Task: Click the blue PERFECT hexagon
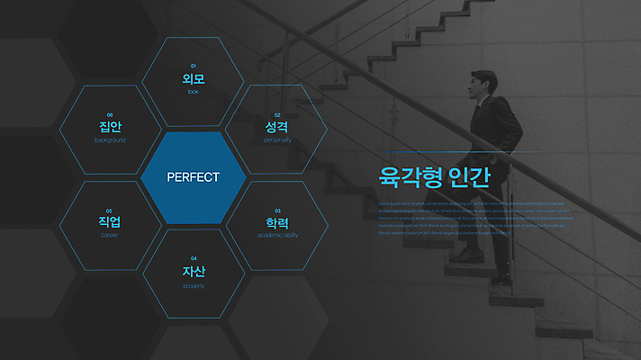[x=193, y=177]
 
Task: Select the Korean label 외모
[x=194, y=79]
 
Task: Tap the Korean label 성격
[x=277, y=128]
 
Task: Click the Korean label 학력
[x=277, y=222]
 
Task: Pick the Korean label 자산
[x=194, y=271]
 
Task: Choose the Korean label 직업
[x=110, y=222]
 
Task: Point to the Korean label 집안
[x=110, y=127]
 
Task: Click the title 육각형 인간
[x=435, y=175]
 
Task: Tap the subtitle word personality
[x=277, y=140]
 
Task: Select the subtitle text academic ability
[x=277, y=235]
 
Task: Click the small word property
[x=194, y=285]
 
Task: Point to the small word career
[x=110, y=235]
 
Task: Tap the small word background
[x=110, y=140]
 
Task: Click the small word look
[x=194, y=92]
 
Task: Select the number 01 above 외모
[x=194, y=67]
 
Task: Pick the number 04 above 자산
[x=194, y=258]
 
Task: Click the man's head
[x=483, y=84]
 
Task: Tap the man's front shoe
[x=463, y=255]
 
